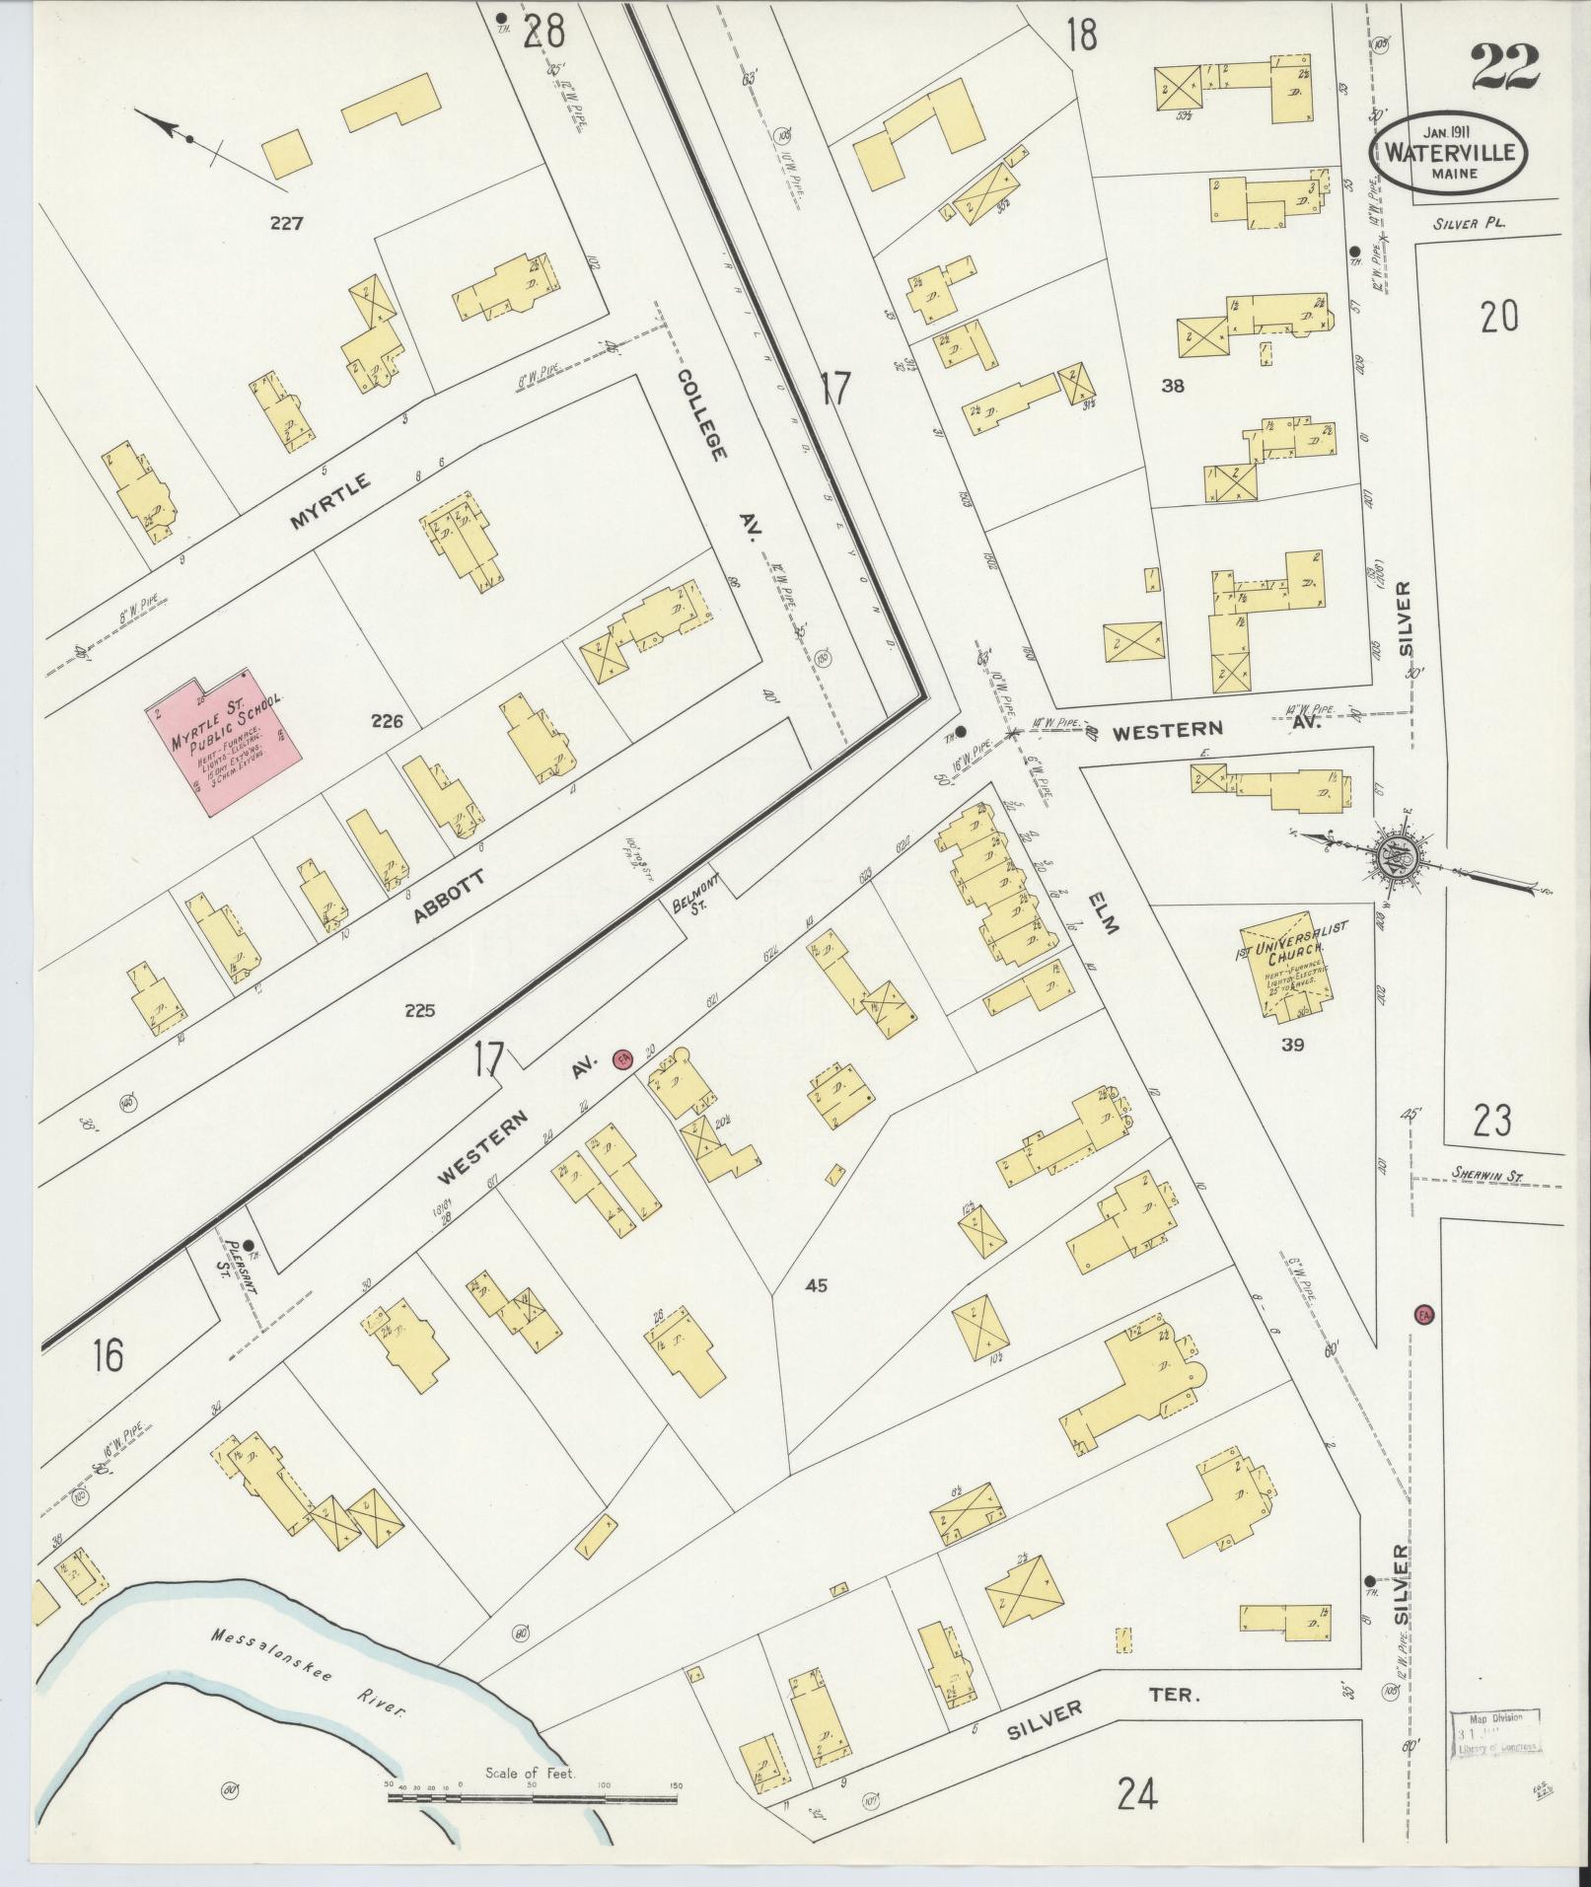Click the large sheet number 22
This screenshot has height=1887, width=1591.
1503,69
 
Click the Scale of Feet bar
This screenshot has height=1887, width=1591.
533,1798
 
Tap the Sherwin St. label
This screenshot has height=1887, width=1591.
1487,1175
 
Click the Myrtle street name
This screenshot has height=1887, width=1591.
329,502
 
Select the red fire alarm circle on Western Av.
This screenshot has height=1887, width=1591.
621,1058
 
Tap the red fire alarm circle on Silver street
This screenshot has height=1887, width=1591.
1423,1315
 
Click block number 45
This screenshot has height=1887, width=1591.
816,1285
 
